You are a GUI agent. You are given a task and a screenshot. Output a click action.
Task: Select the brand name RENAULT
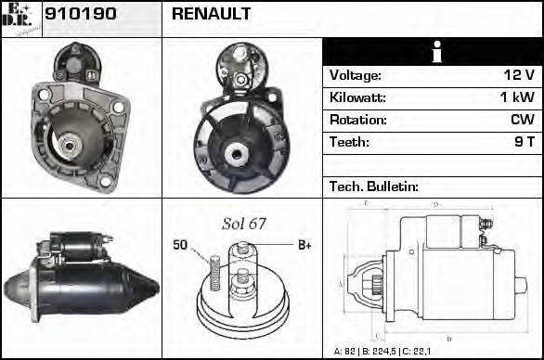[211, 14]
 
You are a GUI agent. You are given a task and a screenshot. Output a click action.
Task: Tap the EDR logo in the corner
[20, 19]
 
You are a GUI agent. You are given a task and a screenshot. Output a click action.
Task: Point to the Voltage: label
[356, 75]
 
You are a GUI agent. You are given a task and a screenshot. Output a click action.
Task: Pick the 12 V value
[515, 75]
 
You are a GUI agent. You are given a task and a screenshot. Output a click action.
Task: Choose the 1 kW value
[516, 97]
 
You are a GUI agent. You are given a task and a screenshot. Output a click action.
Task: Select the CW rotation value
[522, 120]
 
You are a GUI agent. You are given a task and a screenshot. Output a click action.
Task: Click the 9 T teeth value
[524, 142]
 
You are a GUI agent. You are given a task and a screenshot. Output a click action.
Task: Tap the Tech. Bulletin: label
[374, 186]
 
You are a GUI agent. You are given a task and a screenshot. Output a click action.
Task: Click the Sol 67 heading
[244, 224]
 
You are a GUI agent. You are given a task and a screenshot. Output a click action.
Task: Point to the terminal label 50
[181, 245]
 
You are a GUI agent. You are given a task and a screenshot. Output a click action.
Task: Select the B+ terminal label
[304, 245]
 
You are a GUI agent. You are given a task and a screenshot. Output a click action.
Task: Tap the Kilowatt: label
[357, 97]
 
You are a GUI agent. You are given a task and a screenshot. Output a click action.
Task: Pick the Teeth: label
[349, 142]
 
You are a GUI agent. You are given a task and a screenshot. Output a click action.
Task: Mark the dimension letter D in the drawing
[436, 204]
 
